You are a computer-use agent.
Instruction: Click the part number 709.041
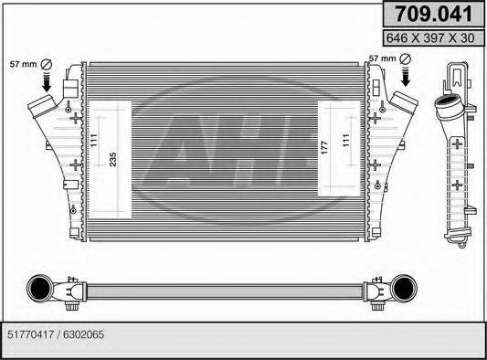coord(431,14)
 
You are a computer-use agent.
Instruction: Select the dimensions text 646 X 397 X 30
coord(431,37)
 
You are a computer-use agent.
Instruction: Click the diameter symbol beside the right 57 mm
coord(404,59)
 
